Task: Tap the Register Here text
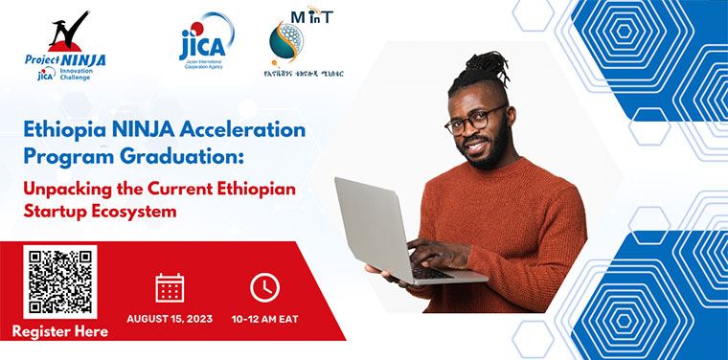(60, 332)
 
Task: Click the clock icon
(264, 286)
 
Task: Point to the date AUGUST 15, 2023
(170, 319)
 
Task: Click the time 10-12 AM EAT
(265, 319)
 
